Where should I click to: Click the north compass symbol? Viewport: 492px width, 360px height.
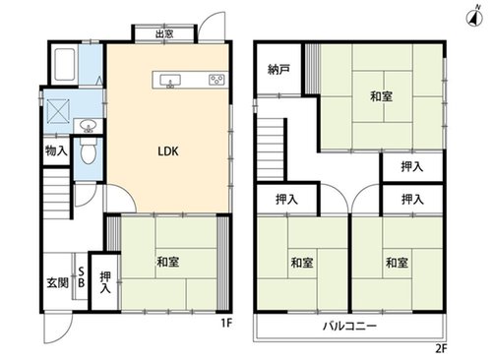[474, 18]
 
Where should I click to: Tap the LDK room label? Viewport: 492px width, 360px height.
[168, 151]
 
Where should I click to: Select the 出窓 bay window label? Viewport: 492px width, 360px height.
[164, 33]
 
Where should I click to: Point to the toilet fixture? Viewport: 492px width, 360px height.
[89, 150]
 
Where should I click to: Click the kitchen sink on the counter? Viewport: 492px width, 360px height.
[170, 81]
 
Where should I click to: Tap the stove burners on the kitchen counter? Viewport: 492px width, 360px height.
[216, 80]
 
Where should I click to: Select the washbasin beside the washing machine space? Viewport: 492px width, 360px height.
[88, 126]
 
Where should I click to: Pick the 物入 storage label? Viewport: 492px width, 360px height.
[57, 150]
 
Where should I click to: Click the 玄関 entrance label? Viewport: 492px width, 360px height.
[58, 282]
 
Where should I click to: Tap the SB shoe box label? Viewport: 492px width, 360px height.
[81, 277]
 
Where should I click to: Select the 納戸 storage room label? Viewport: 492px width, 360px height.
[278, 69]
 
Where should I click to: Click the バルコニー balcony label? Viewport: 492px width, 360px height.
[350, 327]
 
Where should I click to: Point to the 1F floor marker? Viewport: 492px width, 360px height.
[226, 323]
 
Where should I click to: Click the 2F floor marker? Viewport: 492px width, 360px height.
[441, 348]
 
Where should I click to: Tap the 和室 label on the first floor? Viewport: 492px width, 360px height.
[168, 262]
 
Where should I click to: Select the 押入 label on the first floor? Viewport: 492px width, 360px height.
[105, 282]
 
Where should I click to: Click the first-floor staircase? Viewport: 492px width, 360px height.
[56, 194]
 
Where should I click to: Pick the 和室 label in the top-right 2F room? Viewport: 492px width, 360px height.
[382, 96]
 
